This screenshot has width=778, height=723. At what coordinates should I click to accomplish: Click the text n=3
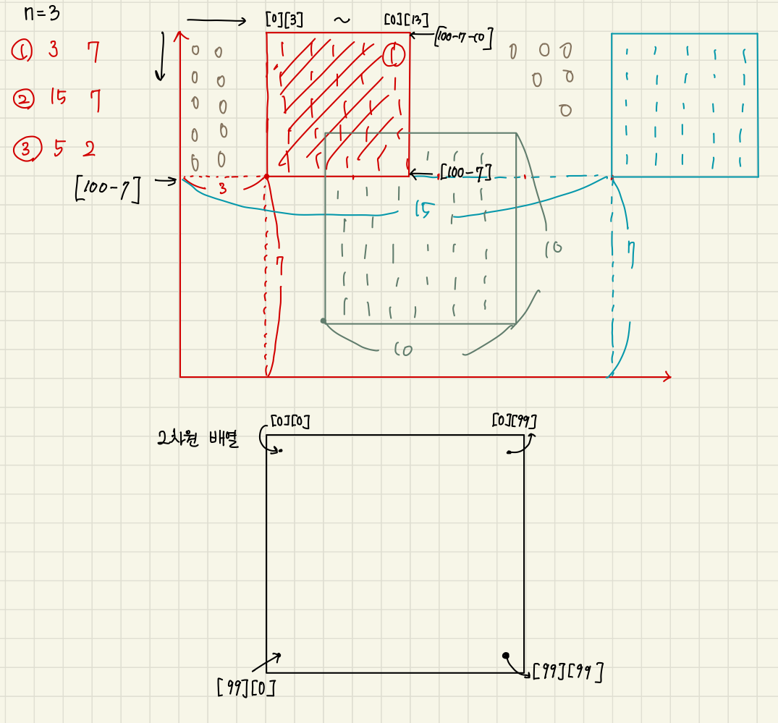(x=44, y=14)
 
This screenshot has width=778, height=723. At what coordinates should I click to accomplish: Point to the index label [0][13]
(x=402, y=20)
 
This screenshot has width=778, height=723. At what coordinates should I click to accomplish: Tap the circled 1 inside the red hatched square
(x=393, y=56)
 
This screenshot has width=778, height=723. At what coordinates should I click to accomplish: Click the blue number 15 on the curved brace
(x=425, y=210)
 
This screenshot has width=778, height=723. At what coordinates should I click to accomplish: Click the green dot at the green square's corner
(x=324, y=321)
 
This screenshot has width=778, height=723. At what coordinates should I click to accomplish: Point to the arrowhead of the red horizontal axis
(x=667, y=376)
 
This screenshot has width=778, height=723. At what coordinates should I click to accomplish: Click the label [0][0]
(x=290, y=420)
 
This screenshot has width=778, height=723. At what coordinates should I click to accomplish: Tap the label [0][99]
(x=513, y=420)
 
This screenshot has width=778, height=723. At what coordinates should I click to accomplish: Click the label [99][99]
(x=567, y=672)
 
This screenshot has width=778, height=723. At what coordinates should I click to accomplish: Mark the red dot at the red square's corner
(x=266, y=176)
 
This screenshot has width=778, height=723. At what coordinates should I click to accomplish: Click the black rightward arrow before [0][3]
(x=217, y=21)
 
